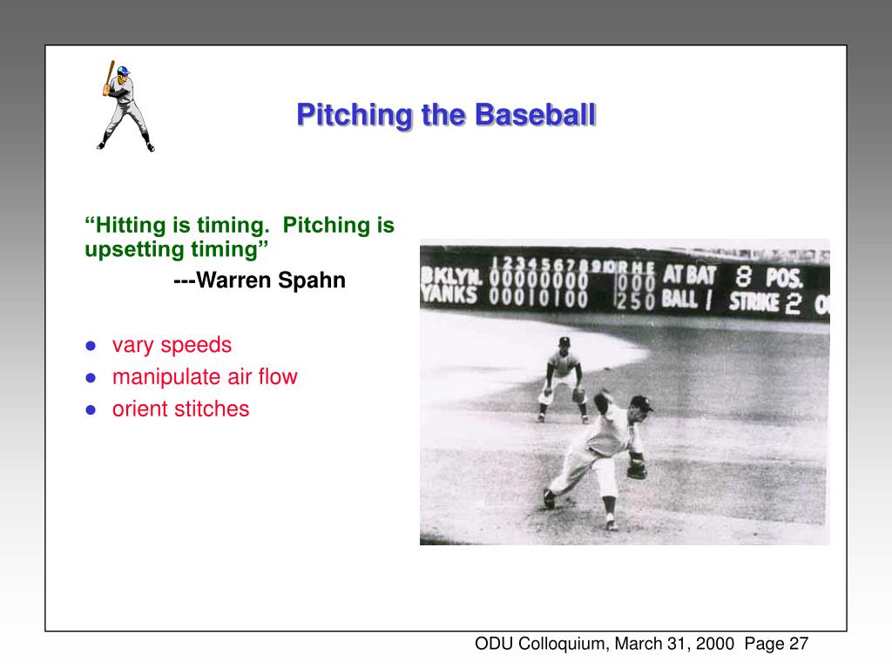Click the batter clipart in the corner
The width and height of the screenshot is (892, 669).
point(124,106)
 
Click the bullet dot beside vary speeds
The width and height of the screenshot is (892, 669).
point(90,346)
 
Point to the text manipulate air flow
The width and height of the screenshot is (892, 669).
point(205,377)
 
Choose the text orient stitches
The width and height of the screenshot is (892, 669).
point(180,409)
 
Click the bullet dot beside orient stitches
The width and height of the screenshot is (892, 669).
point(90,409)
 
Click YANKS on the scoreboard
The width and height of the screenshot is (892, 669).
point(449,294)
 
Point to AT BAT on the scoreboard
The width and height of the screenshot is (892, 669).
point(689,275)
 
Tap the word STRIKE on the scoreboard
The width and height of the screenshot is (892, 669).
point(753,302)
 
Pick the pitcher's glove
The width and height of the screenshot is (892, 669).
point(637,470)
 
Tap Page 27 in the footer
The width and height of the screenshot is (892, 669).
point(777,644)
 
